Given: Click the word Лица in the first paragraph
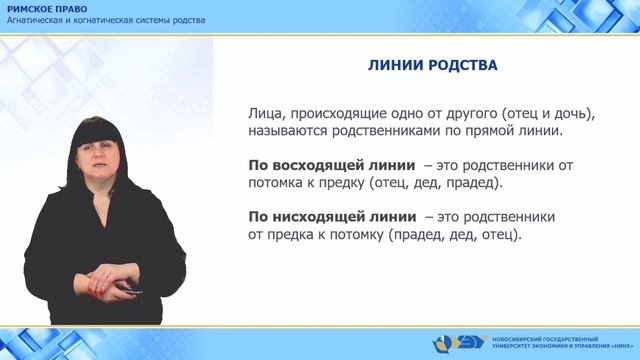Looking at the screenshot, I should coord(263,113).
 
